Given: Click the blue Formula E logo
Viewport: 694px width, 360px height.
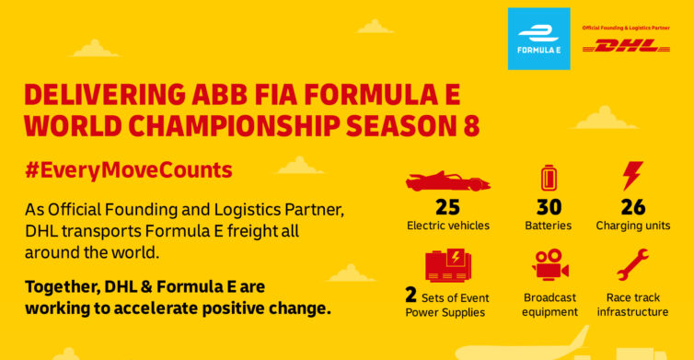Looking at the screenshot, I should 538,39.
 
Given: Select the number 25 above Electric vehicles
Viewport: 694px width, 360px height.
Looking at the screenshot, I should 447,206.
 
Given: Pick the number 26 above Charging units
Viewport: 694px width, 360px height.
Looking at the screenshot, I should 632,206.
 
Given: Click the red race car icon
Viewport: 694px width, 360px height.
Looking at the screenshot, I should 447,180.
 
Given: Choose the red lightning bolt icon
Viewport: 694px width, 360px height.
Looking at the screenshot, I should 632,176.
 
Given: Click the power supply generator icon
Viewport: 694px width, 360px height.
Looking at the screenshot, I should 447,264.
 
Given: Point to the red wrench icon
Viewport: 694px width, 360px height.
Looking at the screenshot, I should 632,265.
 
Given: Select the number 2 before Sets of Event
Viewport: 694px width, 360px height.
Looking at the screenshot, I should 411,296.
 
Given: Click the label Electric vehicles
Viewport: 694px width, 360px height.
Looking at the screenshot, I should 447,225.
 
